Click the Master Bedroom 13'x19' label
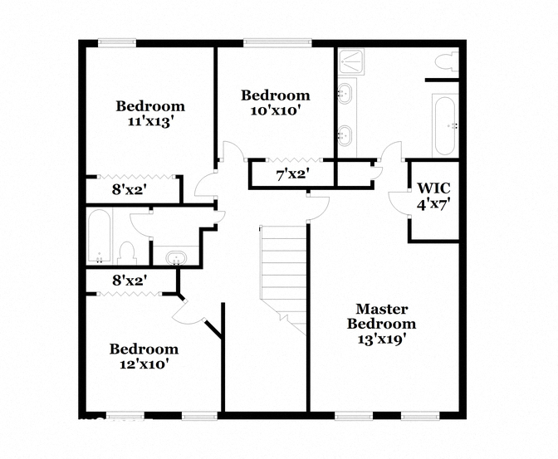pyautogui.click(x=381, y=324)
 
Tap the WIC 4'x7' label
pyautogui.click(x=433, y=197)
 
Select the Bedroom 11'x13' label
pyautogui.click(x=150, y=114)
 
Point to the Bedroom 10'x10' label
pyautogui.click(x=276, y=102)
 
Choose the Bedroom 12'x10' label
pyautogui.click(x=144, y=356)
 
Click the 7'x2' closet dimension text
pyautogui.click(x=292, y=174)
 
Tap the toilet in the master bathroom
pyautogui.click(x=447, y=61)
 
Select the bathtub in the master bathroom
pyautogui.click(x=444, y=125)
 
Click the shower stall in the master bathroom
pyautogui.click(x=351, y=61)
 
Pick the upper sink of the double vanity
pyautogui.click(x=345, y=93)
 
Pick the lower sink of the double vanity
pyautogui.click(x=345, y=135)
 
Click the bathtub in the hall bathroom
pyautogui.click(x=99, y=237)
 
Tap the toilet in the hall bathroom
pyautogui.click(x=127, y=253)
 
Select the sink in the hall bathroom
pyautogui.click(x=176, y=257)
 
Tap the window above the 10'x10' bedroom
pyautogui.click(x=277, y=42)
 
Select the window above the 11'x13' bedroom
pyautogui.click(x=117, y=42)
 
